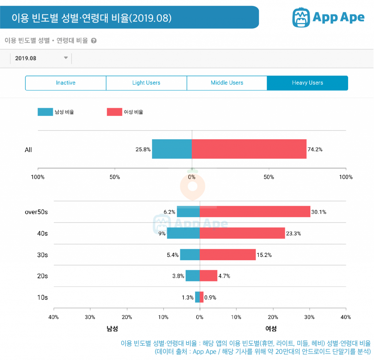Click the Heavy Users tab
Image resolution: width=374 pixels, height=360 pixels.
[307, 83]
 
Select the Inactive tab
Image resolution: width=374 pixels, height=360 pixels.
[66, 83]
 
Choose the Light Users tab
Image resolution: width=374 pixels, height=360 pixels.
[146, 83]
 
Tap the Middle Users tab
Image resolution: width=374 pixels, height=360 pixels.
[227, 83]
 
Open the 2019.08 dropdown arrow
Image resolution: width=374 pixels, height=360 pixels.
[66, 58]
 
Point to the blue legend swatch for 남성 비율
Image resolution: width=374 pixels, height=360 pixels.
[45, 112]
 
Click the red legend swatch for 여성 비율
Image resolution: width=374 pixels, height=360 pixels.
[114, 112]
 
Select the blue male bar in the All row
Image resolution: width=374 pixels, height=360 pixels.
[172, 149]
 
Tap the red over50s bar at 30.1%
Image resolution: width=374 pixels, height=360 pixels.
[255, 212]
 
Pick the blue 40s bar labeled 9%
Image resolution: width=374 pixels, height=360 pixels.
[183, 233]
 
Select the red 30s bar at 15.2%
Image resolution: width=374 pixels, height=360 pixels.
[228, 255]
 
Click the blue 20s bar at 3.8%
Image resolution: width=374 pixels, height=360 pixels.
[192, 276]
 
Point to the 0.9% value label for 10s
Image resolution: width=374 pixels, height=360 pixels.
[210, 298]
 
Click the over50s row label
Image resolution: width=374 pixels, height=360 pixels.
[36, 212]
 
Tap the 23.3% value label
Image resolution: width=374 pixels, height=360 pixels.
[294, 234]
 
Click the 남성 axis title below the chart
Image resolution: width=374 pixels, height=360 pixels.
[112, 329]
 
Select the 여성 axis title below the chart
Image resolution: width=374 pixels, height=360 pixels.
[271, 329]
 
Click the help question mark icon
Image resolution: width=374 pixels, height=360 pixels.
[94, 41]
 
